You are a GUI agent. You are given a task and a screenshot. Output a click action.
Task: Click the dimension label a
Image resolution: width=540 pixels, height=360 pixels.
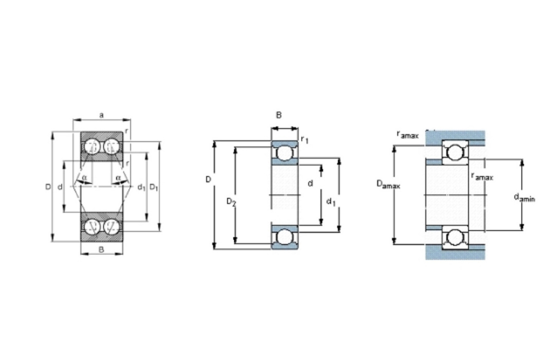[101, 115]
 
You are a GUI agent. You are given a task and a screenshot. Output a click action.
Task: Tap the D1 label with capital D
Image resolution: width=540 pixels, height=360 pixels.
[154, 188]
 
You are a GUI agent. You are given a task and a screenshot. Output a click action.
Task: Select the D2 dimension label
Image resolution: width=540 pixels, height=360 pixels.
[231, 202]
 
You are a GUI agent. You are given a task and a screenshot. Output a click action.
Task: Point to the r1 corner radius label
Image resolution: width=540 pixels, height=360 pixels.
[304, 139]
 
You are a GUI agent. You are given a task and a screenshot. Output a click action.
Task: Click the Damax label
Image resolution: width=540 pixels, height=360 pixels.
[388, 185]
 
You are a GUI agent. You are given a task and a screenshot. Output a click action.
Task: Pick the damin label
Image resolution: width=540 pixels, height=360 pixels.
[524, 197]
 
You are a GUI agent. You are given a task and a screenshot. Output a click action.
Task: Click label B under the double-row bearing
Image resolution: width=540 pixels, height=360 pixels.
[101, 249]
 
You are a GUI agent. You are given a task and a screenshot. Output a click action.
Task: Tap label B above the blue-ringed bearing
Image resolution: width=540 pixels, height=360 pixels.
[279, 115]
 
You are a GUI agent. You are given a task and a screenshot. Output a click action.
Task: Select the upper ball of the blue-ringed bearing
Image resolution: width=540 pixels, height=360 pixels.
[284, 153]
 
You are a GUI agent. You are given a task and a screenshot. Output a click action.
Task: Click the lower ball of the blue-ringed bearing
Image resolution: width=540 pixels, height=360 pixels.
[284, 237]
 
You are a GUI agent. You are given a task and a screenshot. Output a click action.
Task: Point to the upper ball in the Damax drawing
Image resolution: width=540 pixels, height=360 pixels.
[455, 152]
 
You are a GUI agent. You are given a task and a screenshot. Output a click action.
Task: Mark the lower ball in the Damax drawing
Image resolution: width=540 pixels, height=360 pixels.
[455, 238]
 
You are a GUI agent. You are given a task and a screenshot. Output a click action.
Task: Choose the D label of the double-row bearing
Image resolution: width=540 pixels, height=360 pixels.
[48, 187]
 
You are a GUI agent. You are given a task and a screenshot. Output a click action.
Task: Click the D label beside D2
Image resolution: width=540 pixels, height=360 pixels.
[208, 179]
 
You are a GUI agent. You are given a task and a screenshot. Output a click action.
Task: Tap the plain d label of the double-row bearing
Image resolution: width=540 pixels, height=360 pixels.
[60, 187]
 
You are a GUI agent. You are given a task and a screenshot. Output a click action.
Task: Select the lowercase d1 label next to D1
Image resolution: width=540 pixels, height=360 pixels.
[141, 187]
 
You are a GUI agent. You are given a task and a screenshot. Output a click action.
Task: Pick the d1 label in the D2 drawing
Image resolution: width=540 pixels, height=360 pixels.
[331, 202]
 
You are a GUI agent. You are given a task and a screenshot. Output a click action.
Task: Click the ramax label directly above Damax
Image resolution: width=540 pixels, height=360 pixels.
[408, 135]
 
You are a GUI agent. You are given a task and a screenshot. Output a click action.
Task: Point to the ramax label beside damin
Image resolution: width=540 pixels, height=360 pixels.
[482, 176]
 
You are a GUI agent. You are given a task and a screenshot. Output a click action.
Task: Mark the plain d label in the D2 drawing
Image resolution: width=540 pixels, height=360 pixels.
[310, 183]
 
